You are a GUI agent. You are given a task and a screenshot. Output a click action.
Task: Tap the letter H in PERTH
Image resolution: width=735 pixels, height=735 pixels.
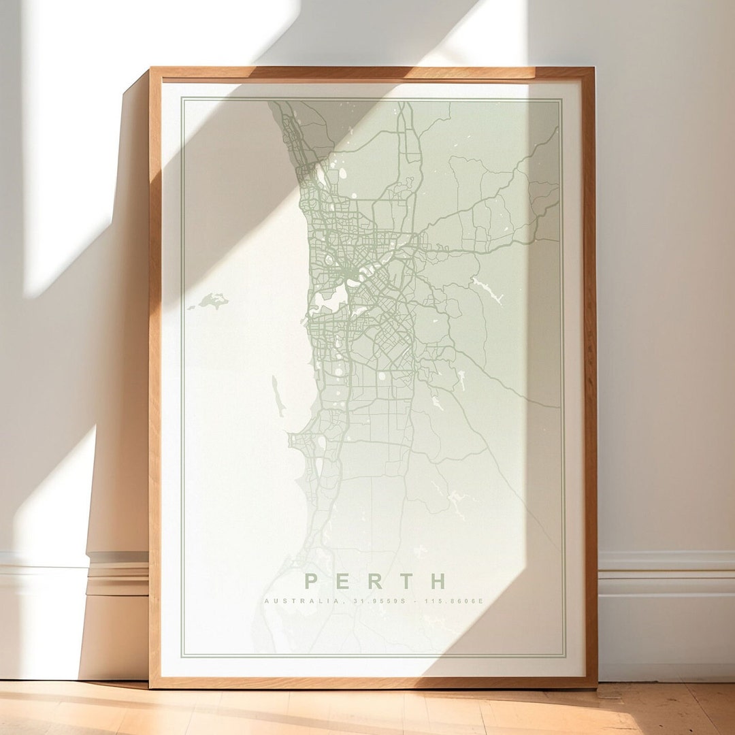(x=438, y=581)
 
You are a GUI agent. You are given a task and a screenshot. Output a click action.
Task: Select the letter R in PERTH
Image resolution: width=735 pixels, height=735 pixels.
(x=375, y=581)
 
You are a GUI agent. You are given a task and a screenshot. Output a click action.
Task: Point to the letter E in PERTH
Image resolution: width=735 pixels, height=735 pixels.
(x=343, y=581)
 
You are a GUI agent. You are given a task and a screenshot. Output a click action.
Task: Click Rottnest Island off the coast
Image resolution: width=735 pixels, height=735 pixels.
(x=213, y=300)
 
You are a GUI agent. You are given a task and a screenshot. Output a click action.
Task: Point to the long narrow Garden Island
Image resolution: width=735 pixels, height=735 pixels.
(x=277, y=396)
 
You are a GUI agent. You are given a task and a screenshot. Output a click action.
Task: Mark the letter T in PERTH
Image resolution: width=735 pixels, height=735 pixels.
(x=407, y=581)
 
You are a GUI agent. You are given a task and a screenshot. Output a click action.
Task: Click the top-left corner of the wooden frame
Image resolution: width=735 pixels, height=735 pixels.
(x=152, y=69)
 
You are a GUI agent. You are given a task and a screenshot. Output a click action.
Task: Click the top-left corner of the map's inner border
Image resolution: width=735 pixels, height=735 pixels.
(x=182, y=99)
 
